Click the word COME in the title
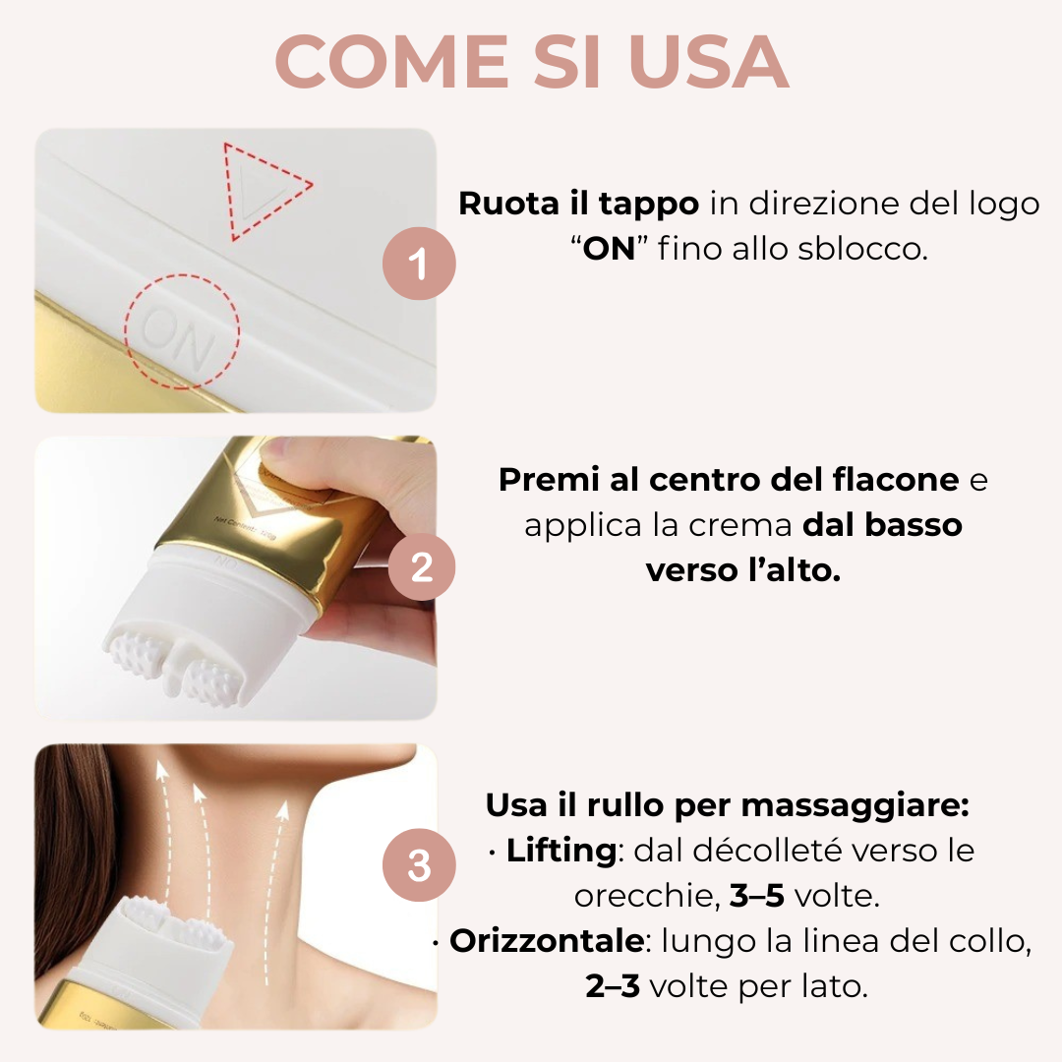(x=392, y=62)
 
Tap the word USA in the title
(x=708, y=62)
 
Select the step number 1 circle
(x=419, y=264)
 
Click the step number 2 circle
(x=421, y=567)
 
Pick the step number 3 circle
(x=419, y=865)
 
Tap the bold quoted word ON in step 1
(x=609, y=249)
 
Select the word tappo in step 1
(x=648, y=205)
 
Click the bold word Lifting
(x=561, y=851)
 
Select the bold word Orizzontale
(x=547, y=941)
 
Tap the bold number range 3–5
(x=756, y=896)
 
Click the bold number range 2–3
(x=613, y=986)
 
